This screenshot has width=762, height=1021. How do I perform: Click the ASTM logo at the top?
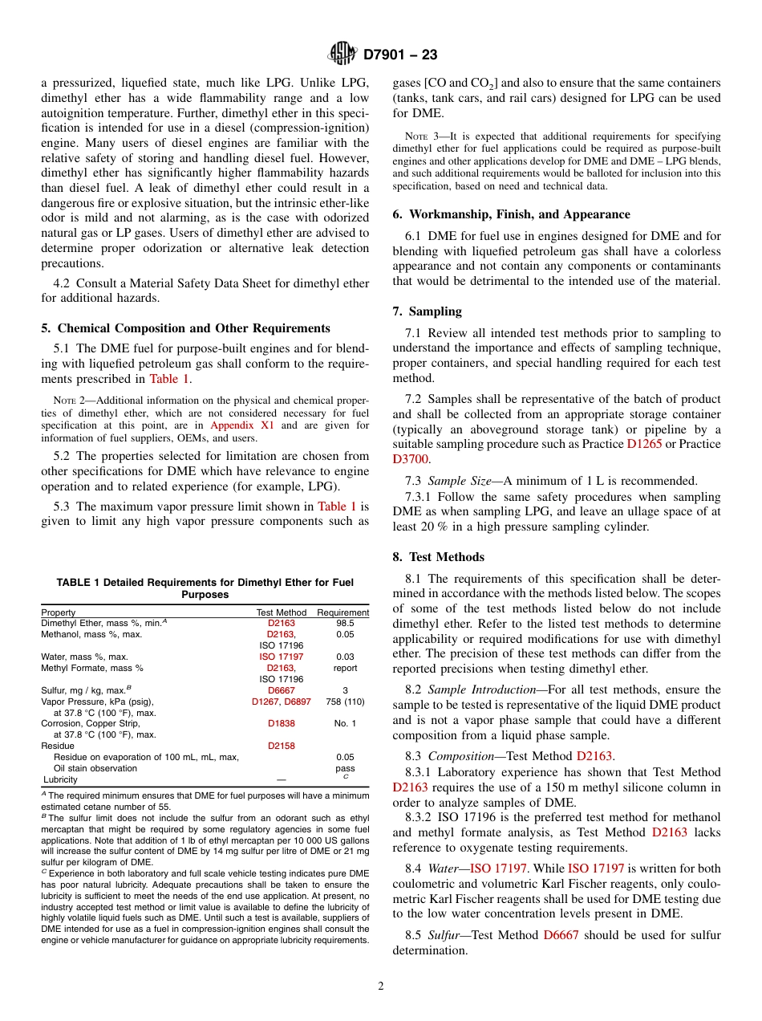[x=342, y=55]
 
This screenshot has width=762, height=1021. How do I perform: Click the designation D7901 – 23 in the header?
[x=399, y=55]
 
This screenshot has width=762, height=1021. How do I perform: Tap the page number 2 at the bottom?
[x=381, y=986]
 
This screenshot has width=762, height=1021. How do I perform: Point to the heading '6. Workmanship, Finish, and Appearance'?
[x=511, y=214]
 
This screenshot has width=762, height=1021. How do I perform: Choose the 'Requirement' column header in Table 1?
[x=343, y=612]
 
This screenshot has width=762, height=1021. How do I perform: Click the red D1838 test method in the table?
[x=281, y=723]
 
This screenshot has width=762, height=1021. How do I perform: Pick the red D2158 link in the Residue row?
[x=281, y=746]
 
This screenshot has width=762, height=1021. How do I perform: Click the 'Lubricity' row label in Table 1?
[x=60, y=779]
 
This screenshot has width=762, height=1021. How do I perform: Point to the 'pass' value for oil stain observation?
[x=345, y=768]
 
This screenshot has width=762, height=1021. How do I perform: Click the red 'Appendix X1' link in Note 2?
[x=241, y=425]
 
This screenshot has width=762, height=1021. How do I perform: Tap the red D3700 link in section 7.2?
[x=410, y=459]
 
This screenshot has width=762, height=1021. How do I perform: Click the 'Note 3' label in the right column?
[x=411, y=136]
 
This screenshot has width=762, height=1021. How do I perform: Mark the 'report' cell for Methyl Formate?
[x=345, y=668]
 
